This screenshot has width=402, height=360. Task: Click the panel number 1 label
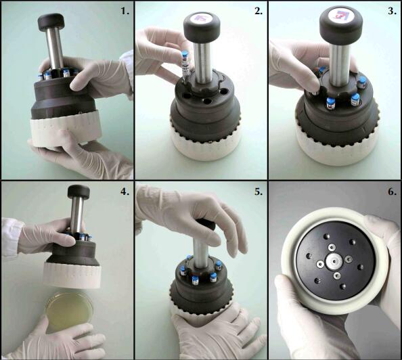point(125,12)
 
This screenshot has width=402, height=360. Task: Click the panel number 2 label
point(259,12)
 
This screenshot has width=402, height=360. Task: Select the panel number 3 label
point(393,12)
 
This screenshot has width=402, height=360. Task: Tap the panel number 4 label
point(125,192)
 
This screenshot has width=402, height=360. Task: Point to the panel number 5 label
point(259,192)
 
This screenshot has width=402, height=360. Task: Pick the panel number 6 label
point(393,192)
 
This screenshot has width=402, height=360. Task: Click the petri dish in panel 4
point(70,310)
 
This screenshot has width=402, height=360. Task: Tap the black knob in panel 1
point(51,22)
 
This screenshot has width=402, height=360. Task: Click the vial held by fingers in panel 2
point(185,66)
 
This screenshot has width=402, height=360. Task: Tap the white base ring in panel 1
point(66,133)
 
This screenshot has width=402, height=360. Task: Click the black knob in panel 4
point(79,192)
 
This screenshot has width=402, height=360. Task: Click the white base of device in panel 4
point(72,274)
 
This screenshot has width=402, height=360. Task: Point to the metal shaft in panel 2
point(203,62)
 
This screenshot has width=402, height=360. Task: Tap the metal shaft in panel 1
point(55,50)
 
